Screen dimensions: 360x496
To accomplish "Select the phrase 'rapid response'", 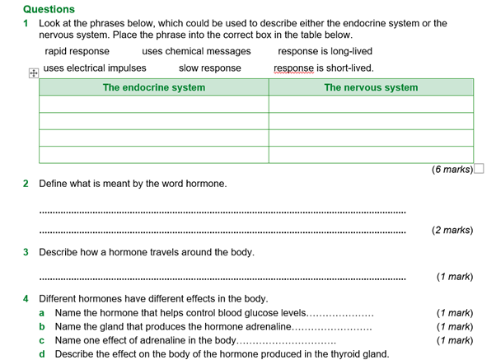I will coord(77,52).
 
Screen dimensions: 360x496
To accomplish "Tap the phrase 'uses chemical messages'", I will coord(196,52).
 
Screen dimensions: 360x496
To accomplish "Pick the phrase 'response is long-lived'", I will coord(325,52).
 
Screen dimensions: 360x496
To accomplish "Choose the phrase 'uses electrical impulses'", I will coord(95,68).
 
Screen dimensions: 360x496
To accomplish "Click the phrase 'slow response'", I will coord(210,68).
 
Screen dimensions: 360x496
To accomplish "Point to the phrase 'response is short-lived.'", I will coord(324,68).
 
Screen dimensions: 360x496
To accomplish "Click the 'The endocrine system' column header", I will coord(154,87).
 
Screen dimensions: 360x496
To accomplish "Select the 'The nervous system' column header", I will coord(371,87).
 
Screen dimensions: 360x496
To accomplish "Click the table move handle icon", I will coord(33,73).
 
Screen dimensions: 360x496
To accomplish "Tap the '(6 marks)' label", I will coord(452,170).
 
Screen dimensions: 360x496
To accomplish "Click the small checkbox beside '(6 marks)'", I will coord(479,170).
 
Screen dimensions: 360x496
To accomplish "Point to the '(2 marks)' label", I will coord(452,230).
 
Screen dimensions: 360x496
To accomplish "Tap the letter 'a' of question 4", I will coord(42,313).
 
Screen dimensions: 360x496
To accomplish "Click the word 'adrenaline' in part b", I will coord(256,327).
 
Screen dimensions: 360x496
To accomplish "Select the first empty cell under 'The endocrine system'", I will coord(154,105).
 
